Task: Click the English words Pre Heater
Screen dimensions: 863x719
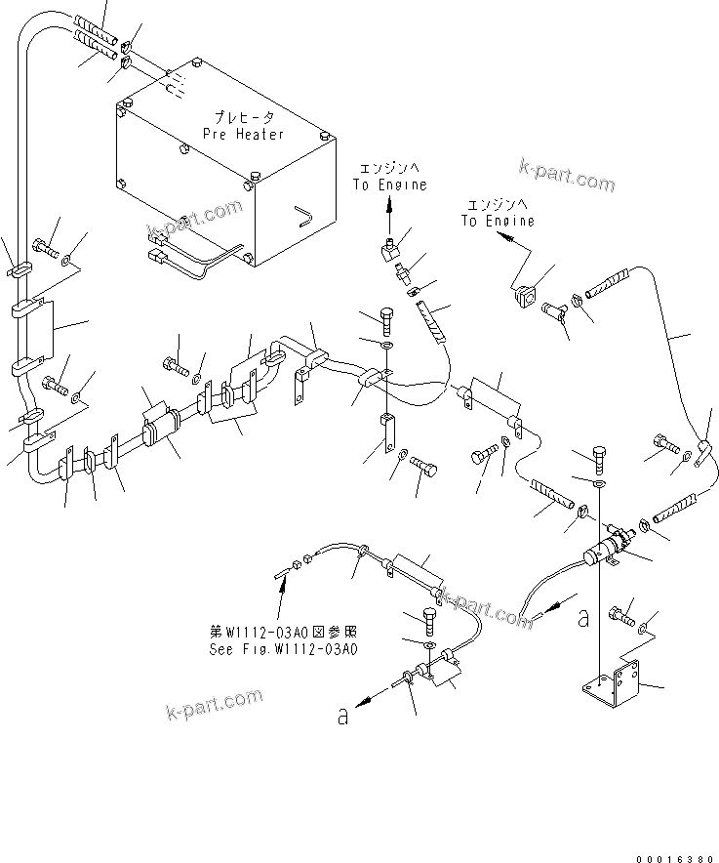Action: (x=243, y=134)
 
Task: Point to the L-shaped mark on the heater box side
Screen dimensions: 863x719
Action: (x=305, y=213)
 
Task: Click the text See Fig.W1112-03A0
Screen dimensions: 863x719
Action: (x=283, y=646)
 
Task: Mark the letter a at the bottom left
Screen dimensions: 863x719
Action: (x=342, y=716)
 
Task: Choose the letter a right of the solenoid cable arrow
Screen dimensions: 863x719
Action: (x=583, y=616)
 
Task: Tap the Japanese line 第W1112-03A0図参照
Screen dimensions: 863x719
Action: (x=282, y=631)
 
